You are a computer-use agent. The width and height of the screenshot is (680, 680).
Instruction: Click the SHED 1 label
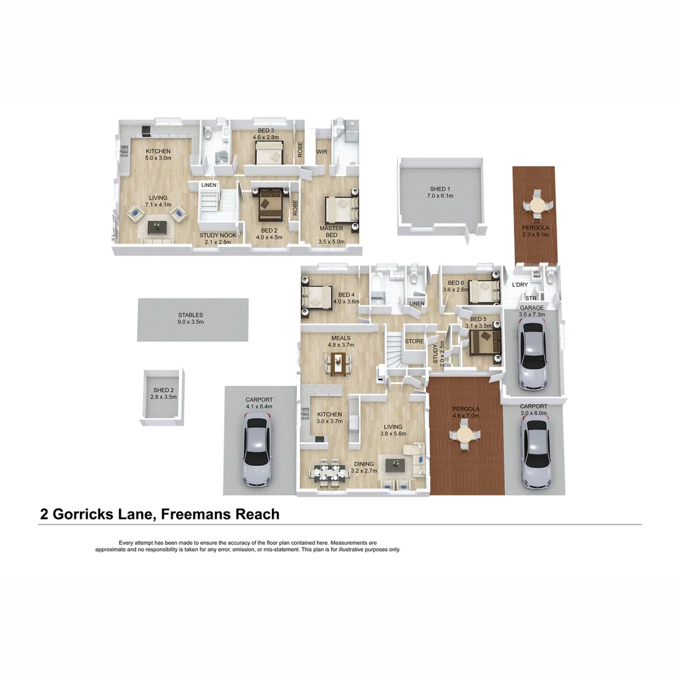click(441, 192)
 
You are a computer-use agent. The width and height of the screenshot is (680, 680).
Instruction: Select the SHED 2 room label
click(162, 394)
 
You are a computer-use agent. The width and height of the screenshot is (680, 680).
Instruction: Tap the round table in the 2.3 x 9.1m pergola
click(536, 206)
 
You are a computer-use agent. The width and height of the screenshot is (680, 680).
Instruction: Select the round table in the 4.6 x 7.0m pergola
click(465, 436)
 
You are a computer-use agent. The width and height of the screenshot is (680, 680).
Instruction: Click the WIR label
click(322, 152)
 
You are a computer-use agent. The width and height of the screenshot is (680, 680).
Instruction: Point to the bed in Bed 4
click(318, 296)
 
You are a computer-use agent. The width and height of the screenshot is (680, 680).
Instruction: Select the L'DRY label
click(520, 285)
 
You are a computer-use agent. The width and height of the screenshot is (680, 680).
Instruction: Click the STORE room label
click(414, 341)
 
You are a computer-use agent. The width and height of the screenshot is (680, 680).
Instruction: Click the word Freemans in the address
click(196, 514)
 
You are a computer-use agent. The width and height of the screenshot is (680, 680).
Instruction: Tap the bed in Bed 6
click(483, 292)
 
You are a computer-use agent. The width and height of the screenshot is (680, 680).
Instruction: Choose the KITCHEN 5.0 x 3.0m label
click(158, 155)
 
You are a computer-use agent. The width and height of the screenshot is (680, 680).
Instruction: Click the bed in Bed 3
click(269, 152)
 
